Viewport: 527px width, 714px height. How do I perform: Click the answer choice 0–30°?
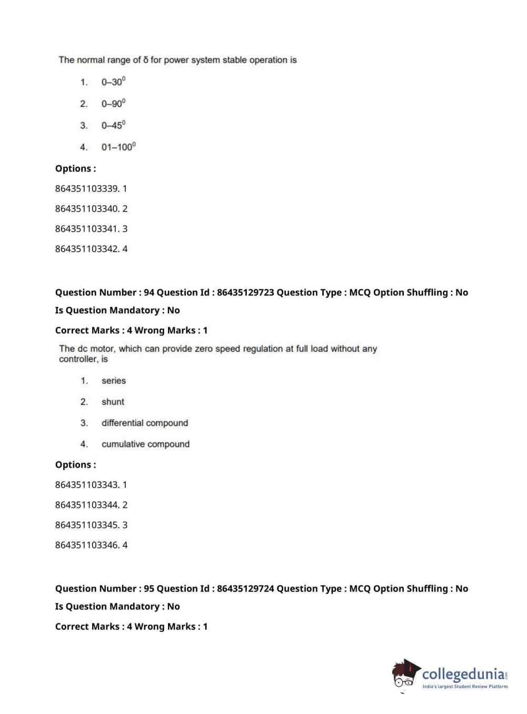[x=113, y=82]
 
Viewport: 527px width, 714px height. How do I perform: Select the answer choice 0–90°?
[x=113, y=103]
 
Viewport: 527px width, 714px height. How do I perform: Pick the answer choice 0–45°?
[x=113, y=125]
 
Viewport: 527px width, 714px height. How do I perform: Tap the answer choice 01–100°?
[x=118, y=147]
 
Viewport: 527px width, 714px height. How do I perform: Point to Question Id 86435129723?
[x=245, y=292]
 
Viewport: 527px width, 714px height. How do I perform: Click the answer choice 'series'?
[x=114, y=381]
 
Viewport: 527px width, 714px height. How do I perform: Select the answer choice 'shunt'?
[x=113, y=402]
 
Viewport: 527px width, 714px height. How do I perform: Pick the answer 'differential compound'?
[x=145, y=423]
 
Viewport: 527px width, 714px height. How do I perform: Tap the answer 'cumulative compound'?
[x=145, y=444]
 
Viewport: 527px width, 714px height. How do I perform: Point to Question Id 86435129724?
[x=245, y=588]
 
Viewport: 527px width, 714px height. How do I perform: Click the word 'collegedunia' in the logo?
[x=463, y=674]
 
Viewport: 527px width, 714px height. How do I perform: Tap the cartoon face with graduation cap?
[x=405, y=674]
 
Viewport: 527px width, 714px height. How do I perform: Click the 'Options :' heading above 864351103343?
[x=76, y=464]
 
